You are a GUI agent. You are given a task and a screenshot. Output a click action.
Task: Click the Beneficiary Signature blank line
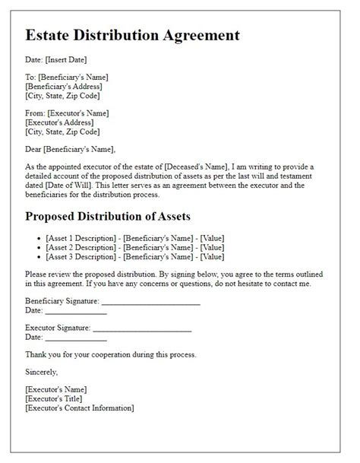[x=150, y=302]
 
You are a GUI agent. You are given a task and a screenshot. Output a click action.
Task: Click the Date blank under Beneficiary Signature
[x=75, y=311]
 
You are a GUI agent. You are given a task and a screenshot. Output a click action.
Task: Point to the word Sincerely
[x=41, y=372]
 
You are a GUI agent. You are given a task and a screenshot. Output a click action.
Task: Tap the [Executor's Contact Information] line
[x=79, y=408]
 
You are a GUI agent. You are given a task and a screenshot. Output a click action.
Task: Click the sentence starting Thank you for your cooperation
[x=111, y=354]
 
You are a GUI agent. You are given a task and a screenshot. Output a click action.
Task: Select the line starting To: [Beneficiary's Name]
[x=66, y=77]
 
